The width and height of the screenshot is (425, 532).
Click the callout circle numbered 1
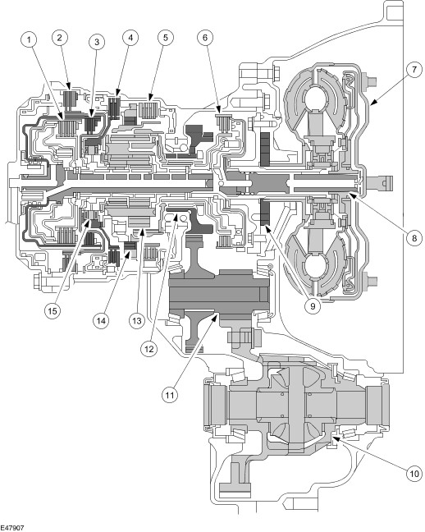click(x=30, y=40)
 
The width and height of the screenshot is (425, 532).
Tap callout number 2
click(x=60, y=38)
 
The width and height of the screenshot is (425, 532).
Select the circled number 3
click(x=97, y=42)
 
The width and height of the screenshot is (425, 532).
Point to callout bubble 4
click(x=130, y=38)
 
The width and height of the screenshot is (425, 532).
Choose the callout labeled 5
click(x=165, y=38)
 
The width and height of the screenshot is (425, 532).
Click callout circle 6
click(x=205, y=38)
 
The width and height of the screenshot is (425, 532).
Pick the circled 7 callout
click(x=414, y=70)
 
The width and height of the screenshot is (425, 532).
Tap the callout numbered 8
click(x=414, y=238)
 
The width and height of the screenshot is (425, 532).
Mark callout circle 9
click(x=313, y=305)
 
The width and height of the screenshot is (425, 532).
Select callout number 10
click(x=414, y=473)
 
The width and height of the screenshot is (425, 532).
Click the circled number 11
click(x=170, y=395)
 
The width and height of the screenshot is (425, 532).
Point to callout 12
click(x=149, y=349)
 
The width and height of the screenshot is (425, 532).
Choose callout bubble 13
click(x=137, y=320)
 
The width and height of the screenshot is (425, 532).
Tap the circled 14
click(x=101, y=320)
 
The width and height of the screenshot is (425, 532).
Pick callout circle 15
click(x=53, y=311)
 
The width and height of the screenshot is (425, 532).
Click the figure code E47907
click(x=12, y=528)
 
